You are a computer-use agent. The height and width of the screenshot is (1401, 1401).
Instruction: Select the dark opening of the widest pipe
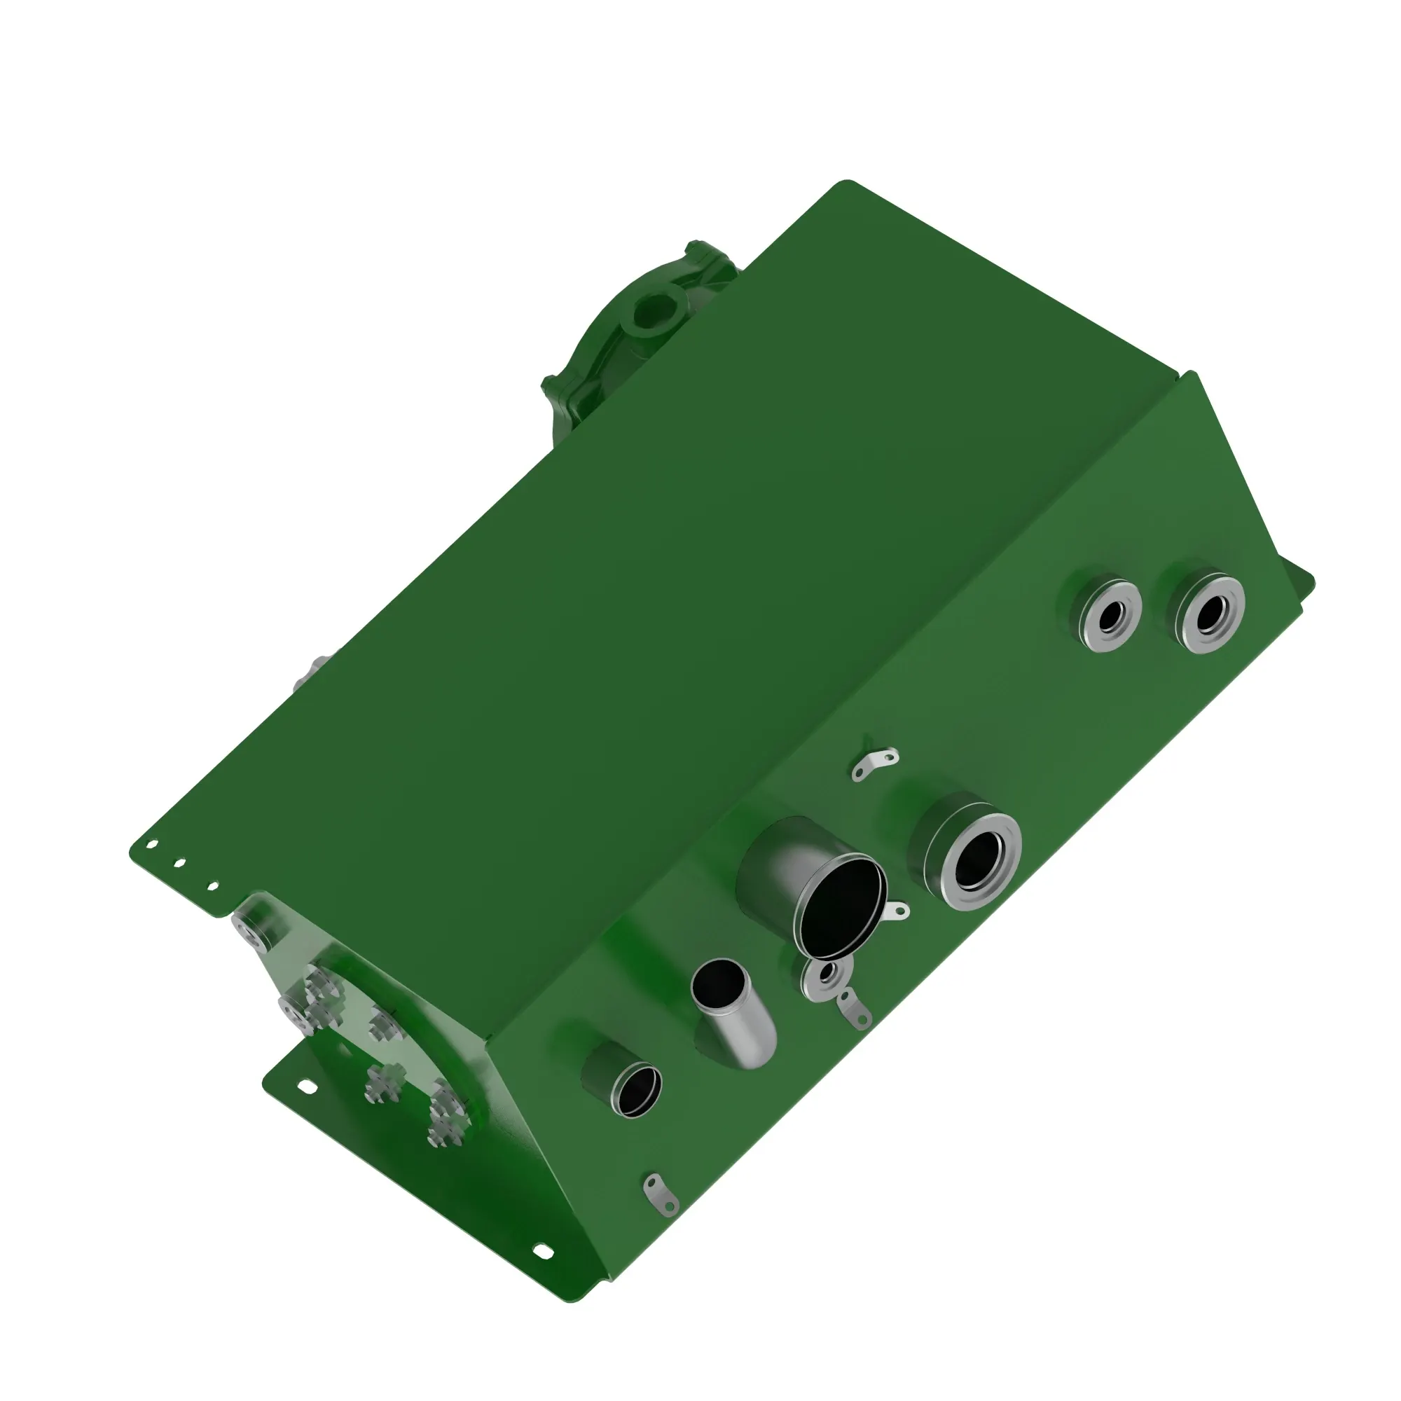click(841, 903)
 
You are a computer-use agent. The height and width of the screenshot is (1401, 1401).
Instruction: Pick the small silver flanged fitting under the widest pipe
click(824, 979)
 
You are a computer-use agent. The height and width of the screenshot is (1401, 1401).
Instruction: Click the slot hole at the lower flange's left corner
click(307, 1086)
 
